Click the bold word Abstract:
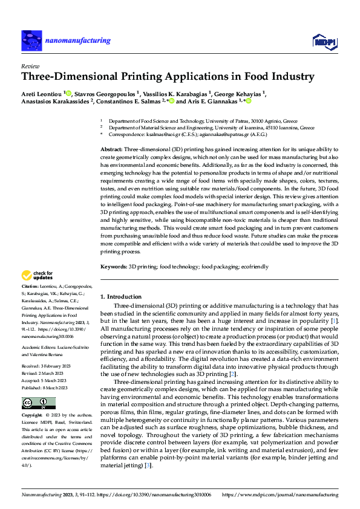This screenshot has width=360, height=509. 111,149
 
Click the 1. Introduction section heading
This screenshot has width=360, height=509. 120,297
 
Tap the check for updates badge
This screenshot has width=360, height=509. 38,276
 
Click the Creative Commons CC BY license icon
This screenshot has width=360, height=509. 38,403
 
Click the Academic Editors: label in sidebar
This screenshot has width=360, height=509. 40,348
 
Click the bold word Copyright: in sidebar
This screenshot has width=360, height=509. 32,416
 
